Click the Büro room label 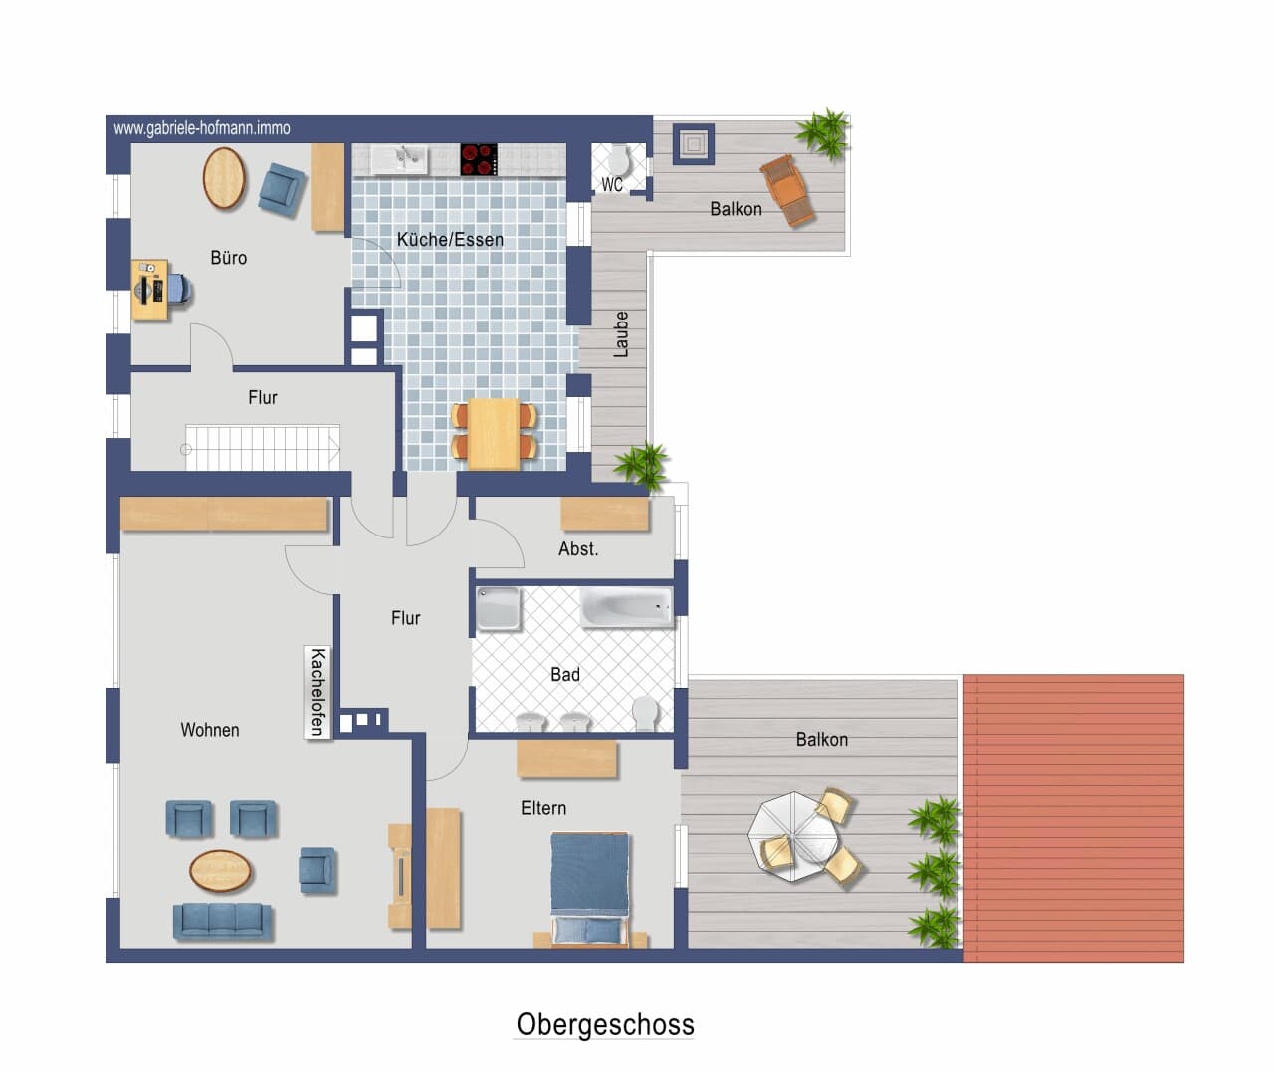229,258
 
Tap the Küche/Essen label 450,239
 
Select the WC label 612,184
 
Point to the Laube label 620,334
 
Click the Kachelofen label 318,692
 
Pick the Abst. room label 578,549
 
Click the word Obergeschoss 605,1024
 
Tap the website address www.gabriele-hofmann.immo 202,128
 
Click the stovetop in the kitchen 479,159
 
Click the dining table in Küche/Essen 494,434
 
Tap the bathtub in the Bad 626,607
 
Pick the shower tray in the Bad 499,608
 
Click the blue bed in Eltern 589,888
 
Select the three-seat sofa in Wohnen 222,921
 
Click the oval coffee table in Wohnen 220,871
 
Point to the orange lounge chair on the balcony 787,190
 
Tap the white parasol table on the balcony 793,836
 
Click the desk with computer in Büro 150,290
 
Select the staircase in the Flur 263,448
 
